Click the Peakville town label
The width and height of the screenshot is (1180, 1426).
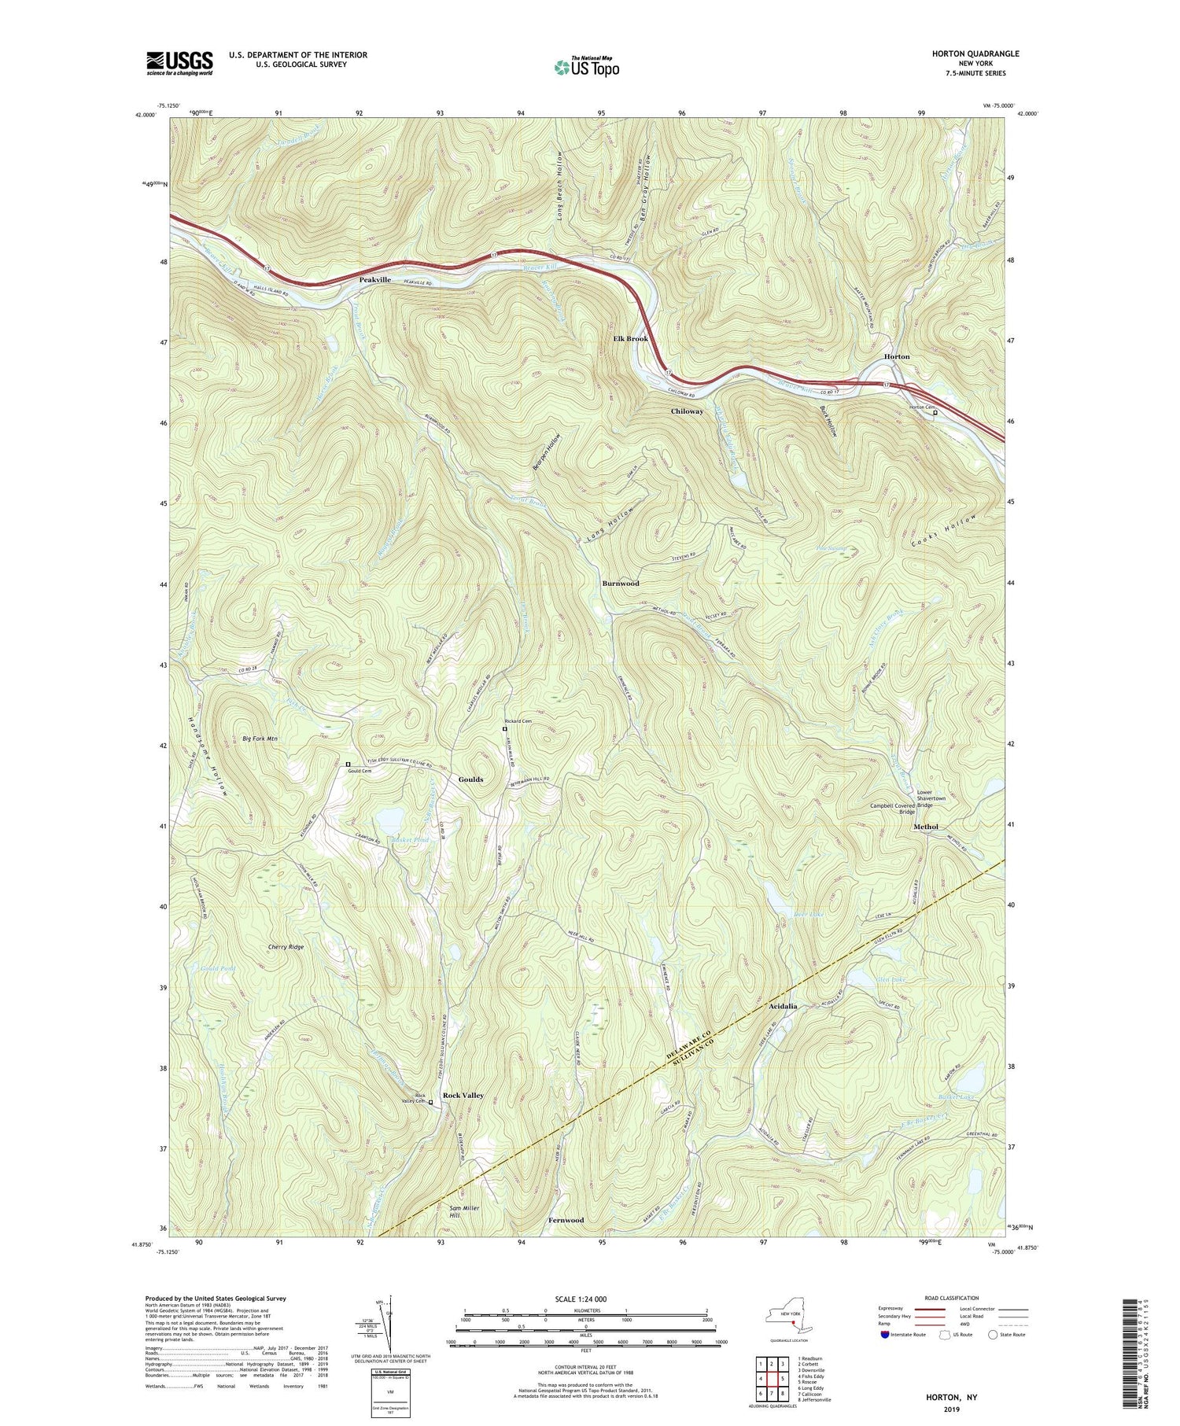[375, 280]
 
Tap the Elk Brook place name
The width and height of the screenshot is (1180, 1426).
[630, 338]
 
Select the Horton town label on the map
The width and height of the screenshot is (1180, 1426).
[896, 356]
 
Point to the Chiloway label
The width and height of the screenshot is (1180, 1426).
[687, 411]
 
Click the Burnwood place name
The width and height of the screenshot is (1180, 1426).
[620, 584]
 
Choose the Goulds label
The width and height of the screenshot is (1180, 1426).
[470, 779]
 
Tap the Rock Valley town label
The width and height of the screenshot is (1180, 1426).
[463, 1095]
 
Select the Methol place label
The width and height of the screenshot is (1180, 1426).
[925, 827]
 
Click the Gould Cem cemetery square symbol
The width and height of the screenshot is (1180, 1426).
[348, 764]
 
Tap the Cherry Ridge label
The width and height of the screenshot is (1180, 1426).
[286, 947]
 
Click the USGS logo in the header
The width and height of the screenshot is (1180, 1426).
[179, 62]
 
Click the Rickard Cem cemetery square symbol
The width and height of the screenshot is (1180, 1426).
[505, 729]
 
